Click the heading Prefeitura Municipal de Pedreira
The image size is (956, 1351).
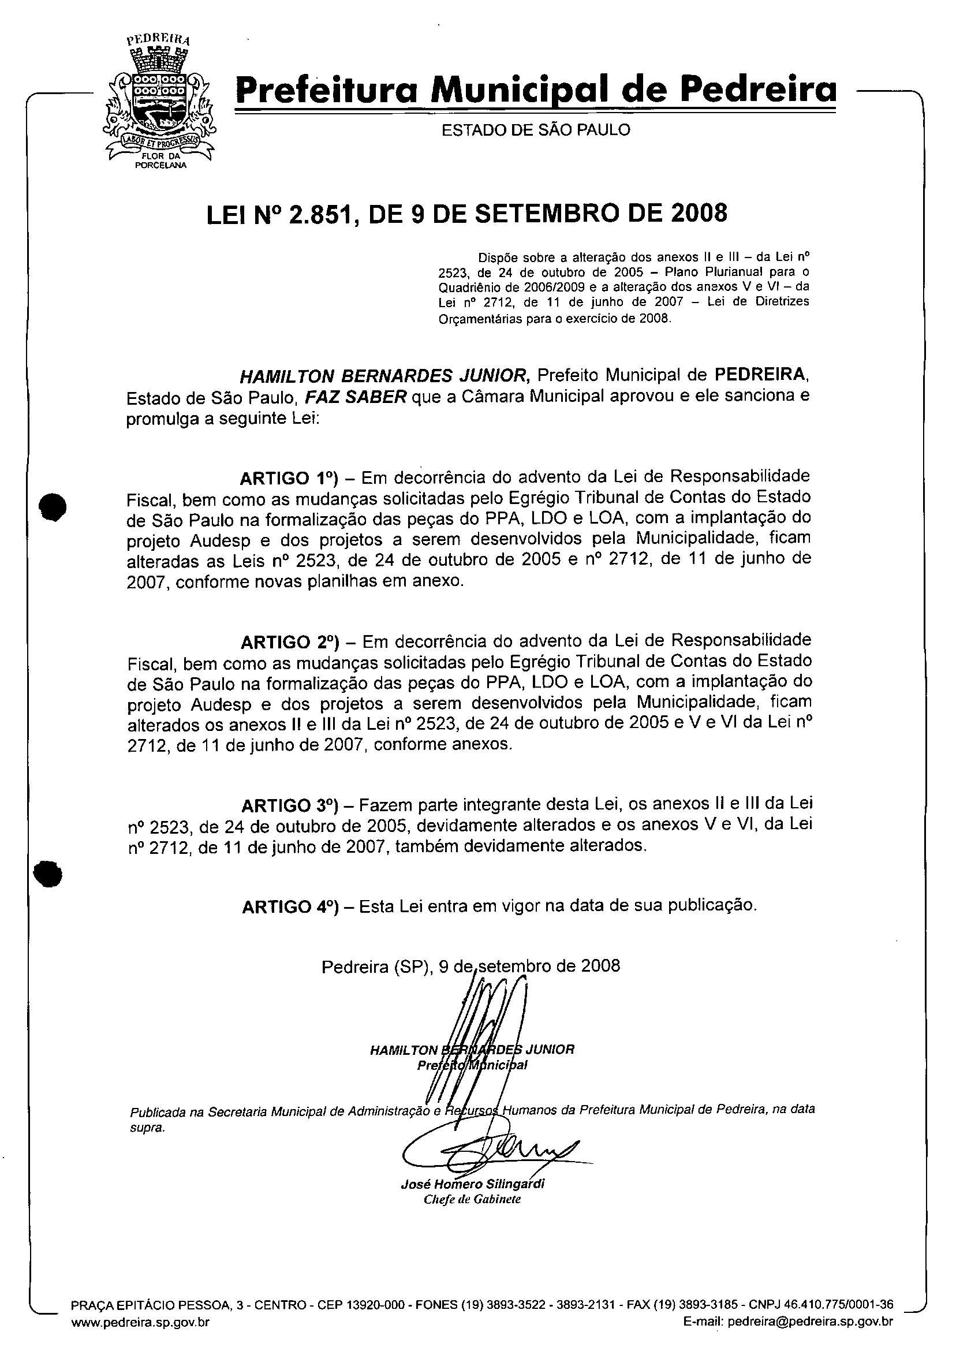tap(535, 90)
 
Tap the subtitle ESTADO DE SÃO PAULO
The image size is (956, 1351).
tap(535, 130)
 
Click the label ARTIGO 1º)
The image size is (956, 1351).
tap(290, 477)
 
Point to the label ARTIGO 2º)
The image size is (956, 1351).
tap(290, 641)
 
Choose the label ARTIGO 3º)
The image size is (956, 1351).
tap(290, 805)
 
